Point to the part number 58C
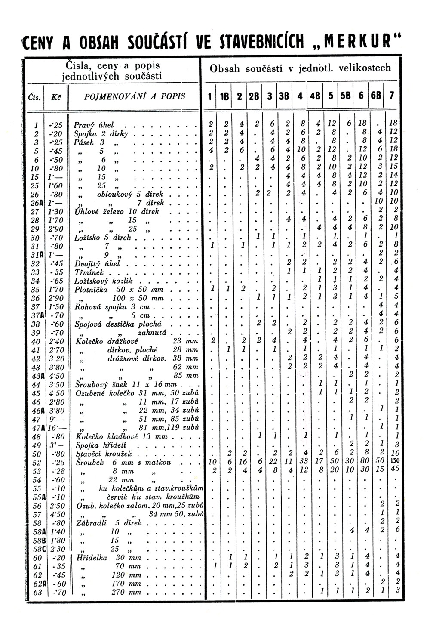click(x=37, y=549)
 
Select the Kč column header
click(x=55, y=97)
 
